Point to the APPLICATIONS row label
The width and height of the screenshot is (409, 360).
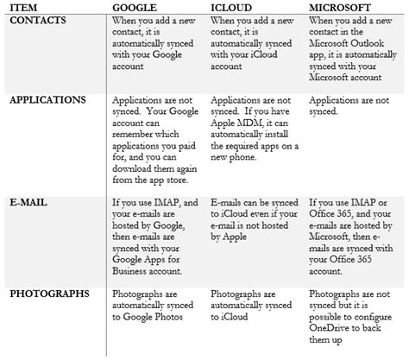50,99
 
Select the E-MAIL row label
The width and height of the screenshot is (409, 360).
31,203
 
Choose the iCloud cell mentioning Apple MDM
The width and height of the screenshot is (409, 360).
255,123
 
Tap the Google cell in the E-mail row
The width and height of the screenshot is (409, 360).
156,233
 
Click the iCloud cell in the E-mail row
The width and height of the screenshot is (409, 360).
255,216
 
